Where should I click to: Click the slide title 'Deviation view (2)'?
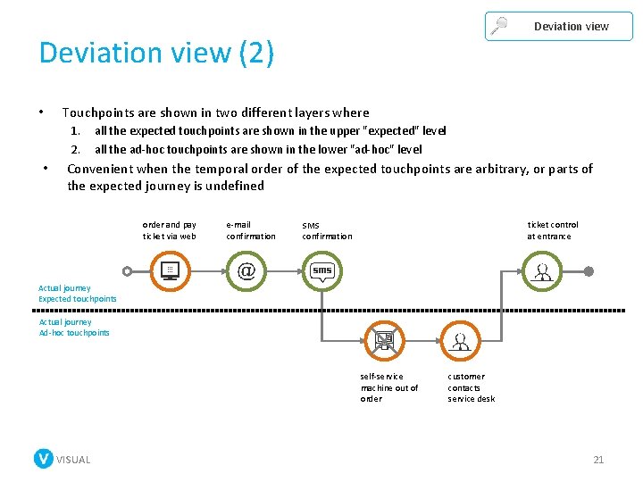[x=156, y=54]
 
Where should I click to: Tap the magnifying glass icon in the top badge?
[x=499, y=26]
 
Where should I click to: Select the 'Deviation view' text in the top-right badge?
[x=571, y=26]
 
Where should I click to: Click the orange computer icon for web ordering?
[x=170, y=270]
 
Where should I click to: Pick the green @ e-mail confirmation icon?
[x=246, y=270]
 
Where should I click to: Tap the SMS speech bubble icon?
[x=321, y=270]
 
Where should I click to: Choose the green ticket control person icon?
[x=541, y=270]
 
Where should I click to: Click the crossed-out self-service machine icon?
[x=384, y=341]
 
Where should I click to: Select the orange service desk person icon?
[x=461, y=341]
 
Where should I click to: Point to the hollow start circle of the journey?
[x=128, y=271]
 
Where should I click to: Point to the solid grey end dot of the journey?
[x=589, y=271]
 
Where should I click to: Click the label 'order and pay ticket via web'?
[x=169, y=230]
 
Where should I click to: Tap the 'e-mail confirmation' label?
[x=251, y=230]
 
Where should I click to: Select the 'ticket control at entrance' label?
[x=552, y=230]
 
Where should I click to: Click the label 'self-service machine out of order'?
[x=388, y=387]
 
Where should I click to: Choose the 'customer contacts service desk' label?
[x=471, y=387]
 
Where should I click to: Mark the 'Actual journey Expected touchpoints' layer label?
[x=77, y=294]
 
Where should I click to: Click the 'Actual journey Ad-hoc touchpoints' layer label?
[x=74, y=328]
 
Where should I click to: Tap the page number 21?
[x=598, y=460]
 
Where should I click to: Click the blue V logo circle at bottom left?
[x=43, y=459]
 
